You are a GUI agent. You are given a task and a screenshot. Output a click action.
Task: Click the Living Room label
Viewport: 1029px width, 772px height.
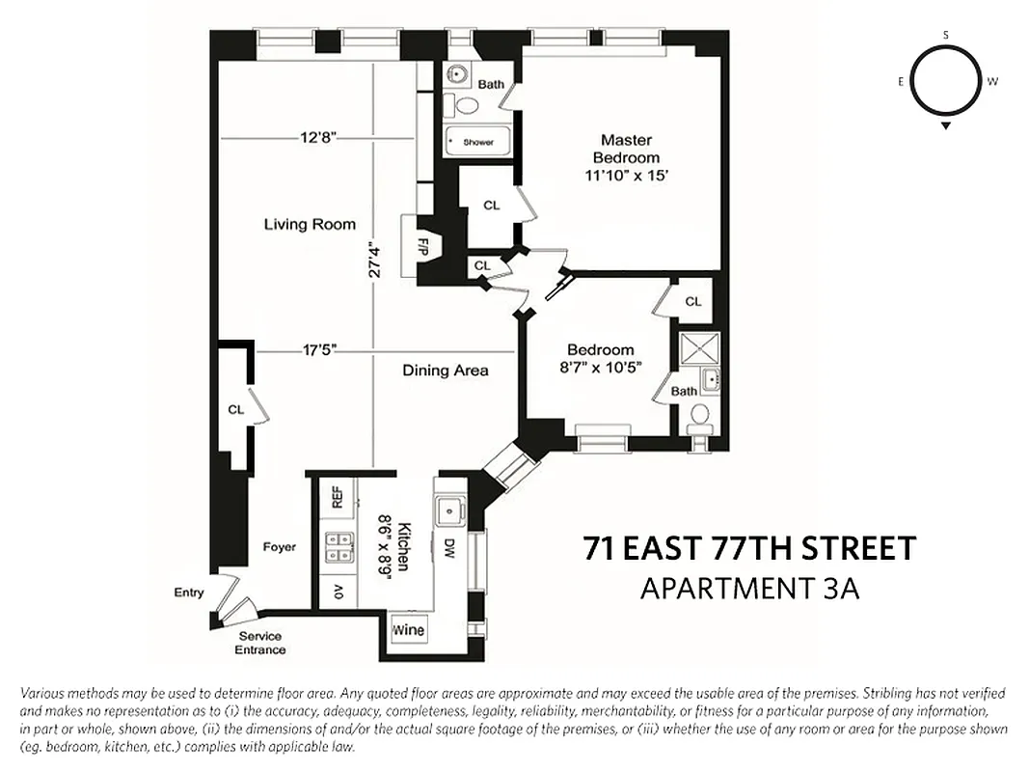click(x=310, y=224)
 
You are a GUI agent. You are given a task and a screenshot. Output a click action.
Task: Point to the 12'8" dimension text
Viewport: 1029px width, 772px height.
click(x=316, y=138)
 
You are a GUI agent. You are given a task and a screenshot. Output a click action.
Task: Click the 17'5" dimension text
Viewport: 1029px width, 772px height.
click(x=318, y=351)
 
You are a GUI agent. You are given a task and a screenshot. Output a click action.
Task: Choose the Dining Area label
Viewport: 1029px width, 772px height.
click(x=445, y=370)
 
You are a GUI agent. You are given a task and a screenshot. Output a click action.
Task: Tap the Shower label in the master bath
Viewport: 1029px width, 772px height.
click(x=477, y=142)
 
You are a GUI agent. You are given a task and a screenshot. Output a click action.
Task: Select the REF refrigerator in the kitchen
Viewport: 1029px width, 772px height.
click(x=337, y=497)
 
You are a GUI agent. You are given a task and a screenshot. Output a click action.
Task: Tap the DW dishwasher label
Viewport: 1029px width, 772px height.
click(x=448, y=549)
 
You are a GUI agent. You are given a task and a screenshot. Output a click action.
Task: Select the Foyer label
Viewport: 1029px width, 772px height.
click(x=279, y=547)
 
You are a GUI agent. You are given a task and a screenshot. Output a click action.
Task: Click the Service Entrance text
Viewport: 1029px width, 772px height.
click(x=260, y=643)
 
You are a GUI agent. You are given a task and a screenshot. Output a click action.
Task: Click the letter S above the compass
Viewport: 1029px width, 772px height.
click(x=946, y=36)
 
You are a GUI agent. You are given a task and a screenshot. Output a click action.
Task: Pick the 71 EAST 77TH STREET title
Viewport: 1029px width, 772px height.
click(x=748, y=549)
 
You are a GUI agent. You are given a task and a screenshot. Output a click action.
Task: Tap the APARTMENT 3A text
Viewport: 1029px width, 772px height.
click(x=749, y=589)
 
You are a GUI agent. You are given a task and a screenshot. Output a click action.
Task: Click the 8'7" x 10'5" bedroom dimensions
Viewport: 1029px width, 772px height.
click(x=600, y=366)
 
